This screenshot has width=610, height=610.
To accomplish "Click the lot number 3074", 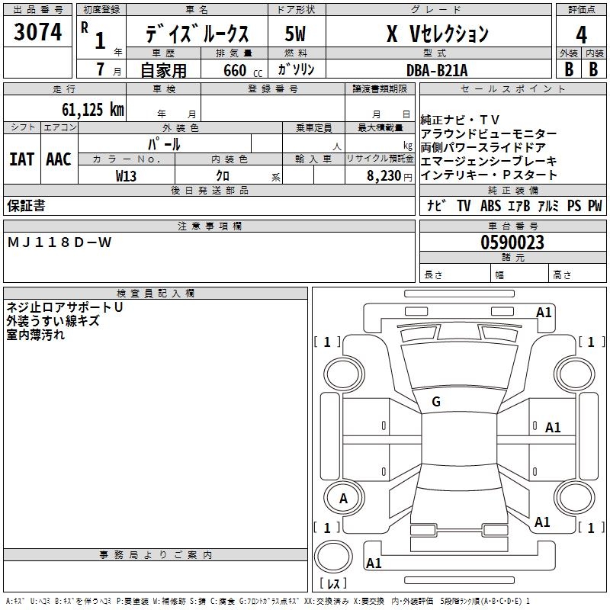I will tap(37, 31).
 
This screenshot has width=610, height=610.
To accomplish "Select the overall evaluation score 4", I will tap(581, 34).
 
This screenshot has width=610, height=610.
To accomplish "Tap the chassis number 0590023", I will tap(512, 243).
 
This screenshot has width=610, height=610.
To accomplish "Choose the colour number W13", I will tap(127, 175).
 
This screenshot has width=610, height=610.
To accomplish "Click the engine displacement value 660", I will tap(235, 70).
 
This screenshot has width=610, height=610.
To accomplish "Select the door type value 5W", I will tap(296, 34).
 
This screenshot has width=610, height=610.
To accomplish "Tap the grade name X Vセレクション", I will tap(437, 34).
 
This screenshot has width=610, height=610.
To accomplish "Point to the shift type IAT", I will tap(21, 159).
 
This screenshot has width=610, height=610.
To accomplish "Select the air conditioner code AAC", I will tap(58, 159).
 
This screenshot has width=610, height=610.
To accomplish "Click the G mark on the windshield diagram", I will tap(436, 401).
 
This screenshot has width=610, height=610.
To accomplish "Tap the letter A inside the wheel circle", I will tap(343, 499).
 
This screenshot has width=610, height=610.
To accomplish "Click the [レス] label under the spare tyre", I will tap(333, 585).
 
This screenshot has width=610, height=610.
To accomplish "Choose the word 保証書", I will tap(26, 205).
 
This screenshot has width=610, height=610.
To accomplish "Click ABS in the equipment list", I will tap(491, 206).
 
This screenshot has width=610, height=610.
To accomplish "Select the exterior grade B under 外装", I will tap(568, 69).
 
